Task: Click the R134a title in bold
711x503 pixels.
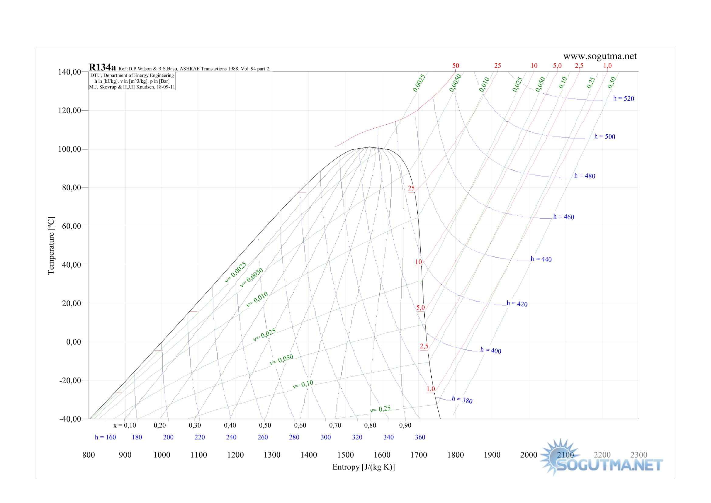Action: click(102, 68)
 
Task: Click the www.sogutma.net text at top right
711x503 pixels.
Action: click(600, 56)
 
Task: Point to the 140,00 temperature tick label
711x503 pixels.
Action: click(69, 72)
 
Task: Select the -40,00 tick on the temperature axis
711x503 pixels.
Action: click(70, 419)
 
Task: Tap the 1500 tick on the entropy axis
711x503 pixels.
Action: click(345, 455)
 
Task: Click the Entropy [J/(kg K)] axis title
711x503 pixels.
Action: click(364, 467)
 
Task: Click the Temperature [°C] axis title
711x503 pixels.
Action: click(51, 246)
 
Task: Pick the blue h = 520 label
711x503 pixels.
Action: click(623, 99)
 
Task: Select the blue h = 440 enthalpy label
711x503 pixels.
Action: click(541, 259)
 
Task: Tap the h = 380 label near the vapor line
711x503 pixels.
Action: click(462, 400)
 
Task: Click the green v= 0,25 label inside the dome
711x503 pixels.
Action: click(380, 409)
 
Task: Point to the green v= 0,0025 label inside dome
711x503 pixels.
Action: click(235, 272)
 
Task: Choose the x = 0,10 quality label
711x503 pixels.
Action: click(125, 425)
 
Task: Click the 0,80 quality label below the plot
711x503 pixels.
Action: click(370, 425)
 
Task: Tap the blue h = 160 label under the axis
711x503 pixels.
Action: click(105, 437)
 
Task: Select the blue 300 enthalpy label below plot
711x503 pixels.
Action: click(326, 437)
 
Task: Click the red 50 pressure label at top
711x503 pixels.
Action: click(456, 66)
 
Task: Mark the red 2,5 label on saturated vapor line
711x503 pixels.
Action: click(424, 346)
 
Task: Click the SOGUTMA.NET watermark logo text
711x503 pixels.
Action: click(609, 465)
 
